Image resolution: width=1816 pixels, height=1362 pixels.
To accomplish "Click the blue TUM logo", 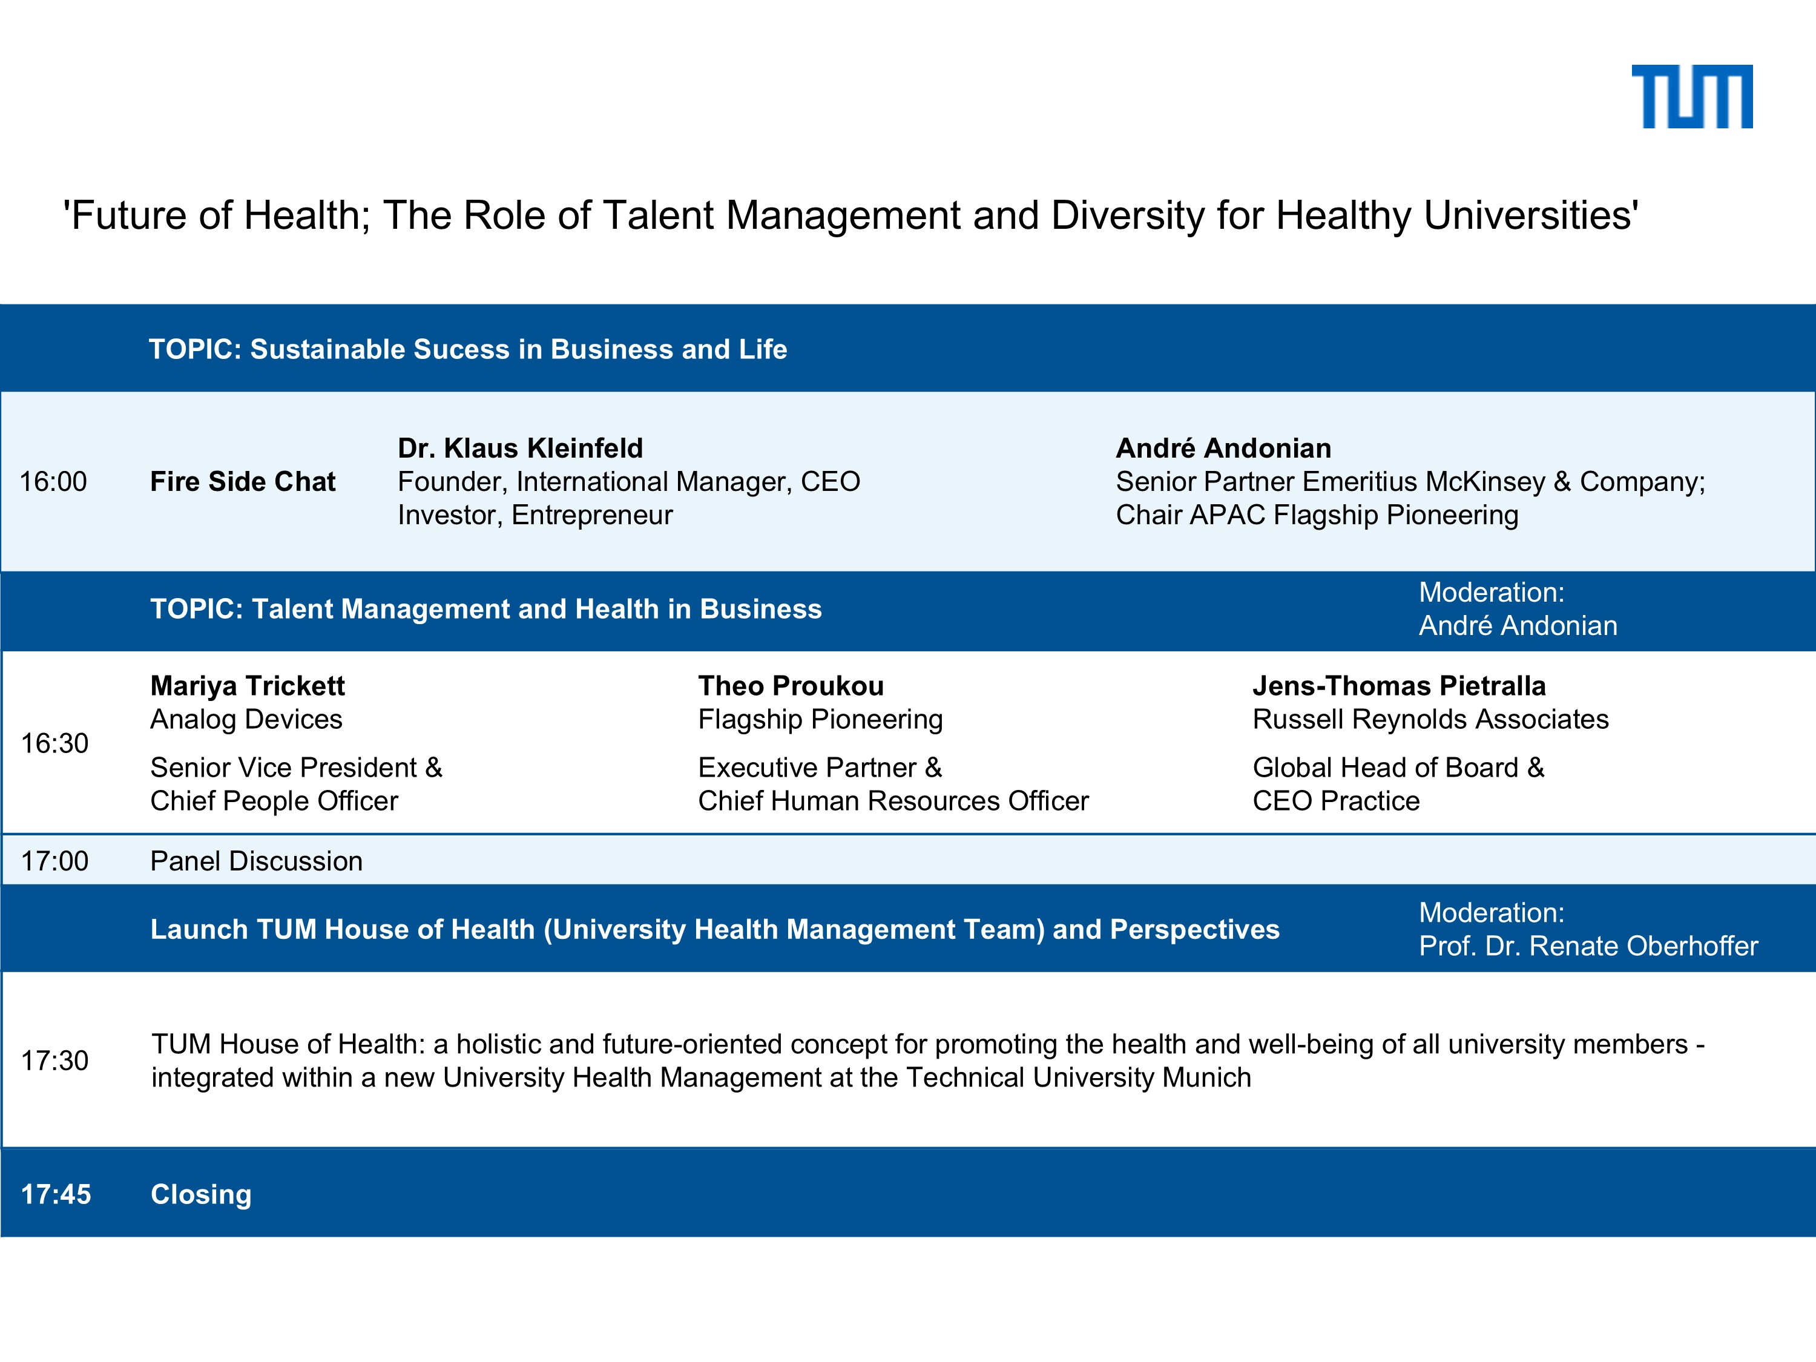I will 1691,97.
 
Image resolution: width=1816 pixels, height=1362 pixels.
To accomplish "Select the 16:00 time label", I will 53,482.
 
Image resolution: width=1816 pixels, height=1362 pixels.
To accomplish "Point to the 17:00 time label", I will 54,861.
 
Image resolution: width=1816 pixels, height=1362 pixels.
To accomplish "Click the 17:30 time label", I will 54,1061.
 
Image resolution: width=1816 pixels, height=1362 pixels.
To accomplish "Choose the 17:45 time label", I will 56,1194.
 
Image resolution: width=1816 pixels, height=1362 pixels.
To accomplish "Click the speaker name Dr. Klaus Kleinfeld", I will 521,449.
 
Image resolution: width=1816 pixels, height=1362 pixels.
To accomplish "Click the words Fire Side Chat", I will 243,482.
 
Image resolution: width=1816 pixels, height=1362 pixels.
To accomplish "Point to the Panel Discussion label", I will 256,861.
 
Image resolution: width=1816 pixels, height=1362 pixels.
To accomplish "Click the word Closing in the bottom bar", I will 201,1194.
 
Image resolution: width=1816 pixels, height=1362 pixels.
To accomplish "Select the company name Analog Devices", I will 246,719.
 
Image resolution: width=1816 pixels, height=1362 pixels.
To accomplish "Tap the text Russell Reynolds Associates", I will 1430,719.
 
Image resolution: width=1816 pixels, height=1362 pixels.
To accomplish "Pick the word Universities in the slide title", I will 1530,216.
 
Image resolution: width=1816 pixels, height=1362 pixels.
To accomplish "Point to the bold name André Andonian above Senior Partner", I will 1223,449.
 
